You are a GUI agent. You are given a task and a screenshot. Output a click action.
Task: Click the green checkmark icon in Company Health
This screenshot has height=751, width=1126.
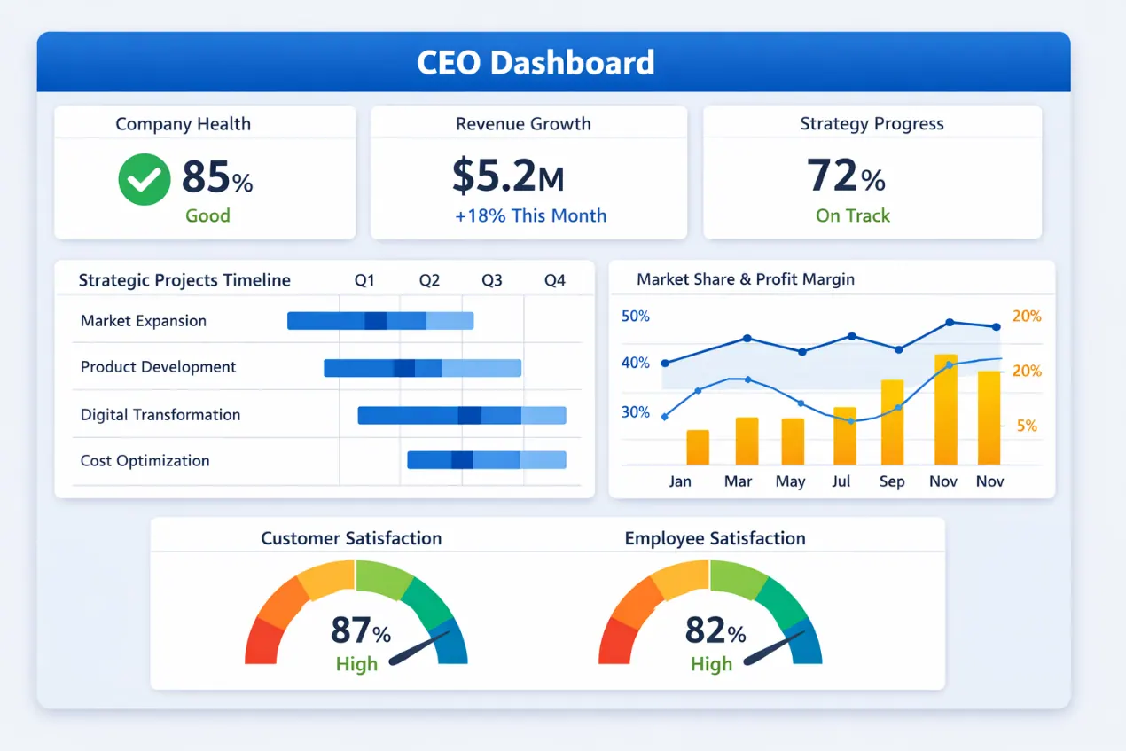145,179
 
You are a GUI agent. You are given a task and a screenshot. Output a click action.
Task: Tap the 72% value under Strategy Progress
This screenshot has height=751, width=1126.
846,176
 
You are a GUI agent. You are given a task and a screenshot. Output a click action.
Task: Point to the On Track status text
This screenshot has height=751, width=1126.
852,215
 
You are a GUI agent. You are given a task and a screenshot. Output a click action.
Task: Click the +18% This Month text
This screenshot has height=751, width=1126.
530,215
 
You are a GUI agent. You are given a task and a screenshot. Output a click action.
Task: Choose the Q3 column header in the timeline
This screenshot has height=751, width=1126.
491,280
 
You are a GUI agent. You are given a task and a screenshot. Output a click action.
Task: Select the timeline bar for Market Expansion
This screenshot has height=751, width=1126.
380,321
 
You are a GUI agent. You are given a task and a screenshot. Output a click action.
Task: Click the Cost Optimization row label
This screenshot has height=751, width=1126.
145,460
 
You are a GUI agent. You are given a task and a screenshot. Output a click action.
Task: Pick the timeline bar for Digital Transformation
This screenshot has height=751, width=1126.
461,415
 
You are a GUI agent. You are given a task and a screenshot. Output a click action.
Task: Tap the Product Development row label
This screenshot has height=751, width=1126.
158,367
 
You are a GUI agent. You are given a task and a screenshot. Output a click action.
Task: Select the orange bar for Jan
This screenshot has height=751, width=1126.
698,448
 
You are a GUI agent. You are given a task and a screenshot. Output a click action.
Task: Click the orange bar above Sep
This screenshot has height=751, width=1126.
892,422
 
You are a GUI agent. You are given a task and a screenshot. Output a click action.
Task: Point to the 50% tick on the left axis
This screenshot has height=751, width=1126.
636,317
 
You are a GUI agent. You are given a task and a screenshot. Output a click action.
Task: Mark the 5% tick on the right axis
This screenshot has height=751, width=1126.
1026,426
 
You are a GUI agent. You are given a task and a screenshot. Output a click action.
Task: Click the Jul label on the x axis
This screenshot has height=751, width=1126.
841,481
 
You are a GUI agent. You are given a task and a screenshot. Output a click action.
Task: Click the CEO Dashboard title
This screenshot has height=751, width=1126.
536,63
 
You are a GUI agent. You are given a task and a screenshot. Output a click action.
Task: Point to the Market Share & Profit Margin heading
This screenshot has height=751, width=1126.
746,279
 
